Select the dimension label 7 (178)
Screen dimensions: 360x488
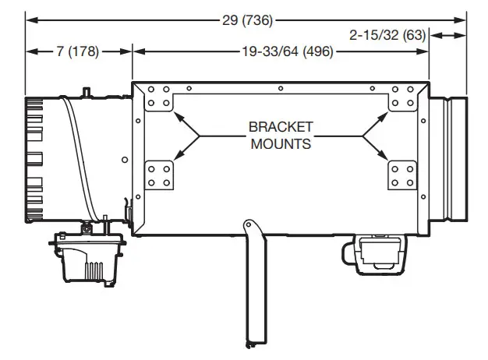[78, 52]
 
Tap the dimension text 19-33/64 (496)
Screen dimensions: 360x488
[281, 52]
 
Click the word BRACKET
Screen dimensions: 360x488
[281, 126]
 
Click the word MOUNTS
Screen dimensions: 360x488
[281, 143]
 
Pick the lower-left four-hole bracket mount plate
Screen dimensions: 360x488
[160, 175]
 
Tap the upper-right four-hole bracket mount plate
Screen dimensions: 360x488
[404, 97]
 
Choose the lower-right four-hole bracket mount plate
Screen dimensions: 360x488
[404, 175]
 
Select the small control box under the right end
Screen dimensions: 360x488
[375, 254]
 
